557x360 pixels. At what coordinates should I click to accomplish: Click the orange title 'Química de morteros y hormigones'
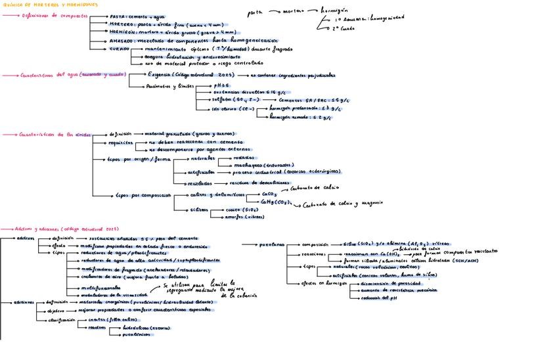[x=49, y=4]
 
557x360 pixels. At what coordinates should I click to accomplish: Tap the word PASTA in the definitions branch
[x=117, y=16]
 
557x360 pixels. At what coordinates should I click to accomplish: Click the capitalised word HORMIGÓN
[x=121, y=32]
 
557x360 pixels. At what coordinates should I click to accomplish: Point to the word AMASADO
[x=120, y=40]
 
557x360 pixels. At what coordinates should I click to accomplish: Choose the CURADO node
[x=119, y=49]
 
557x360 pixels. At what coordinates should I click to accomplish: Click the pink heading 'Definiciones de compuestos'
[x=47, y=16]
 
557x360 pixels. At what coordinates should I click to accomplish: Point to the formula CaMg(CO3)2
[x=277, y=202]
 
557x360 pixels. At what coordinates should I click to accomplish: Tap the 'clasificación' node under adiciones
[x=61, y=319]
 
